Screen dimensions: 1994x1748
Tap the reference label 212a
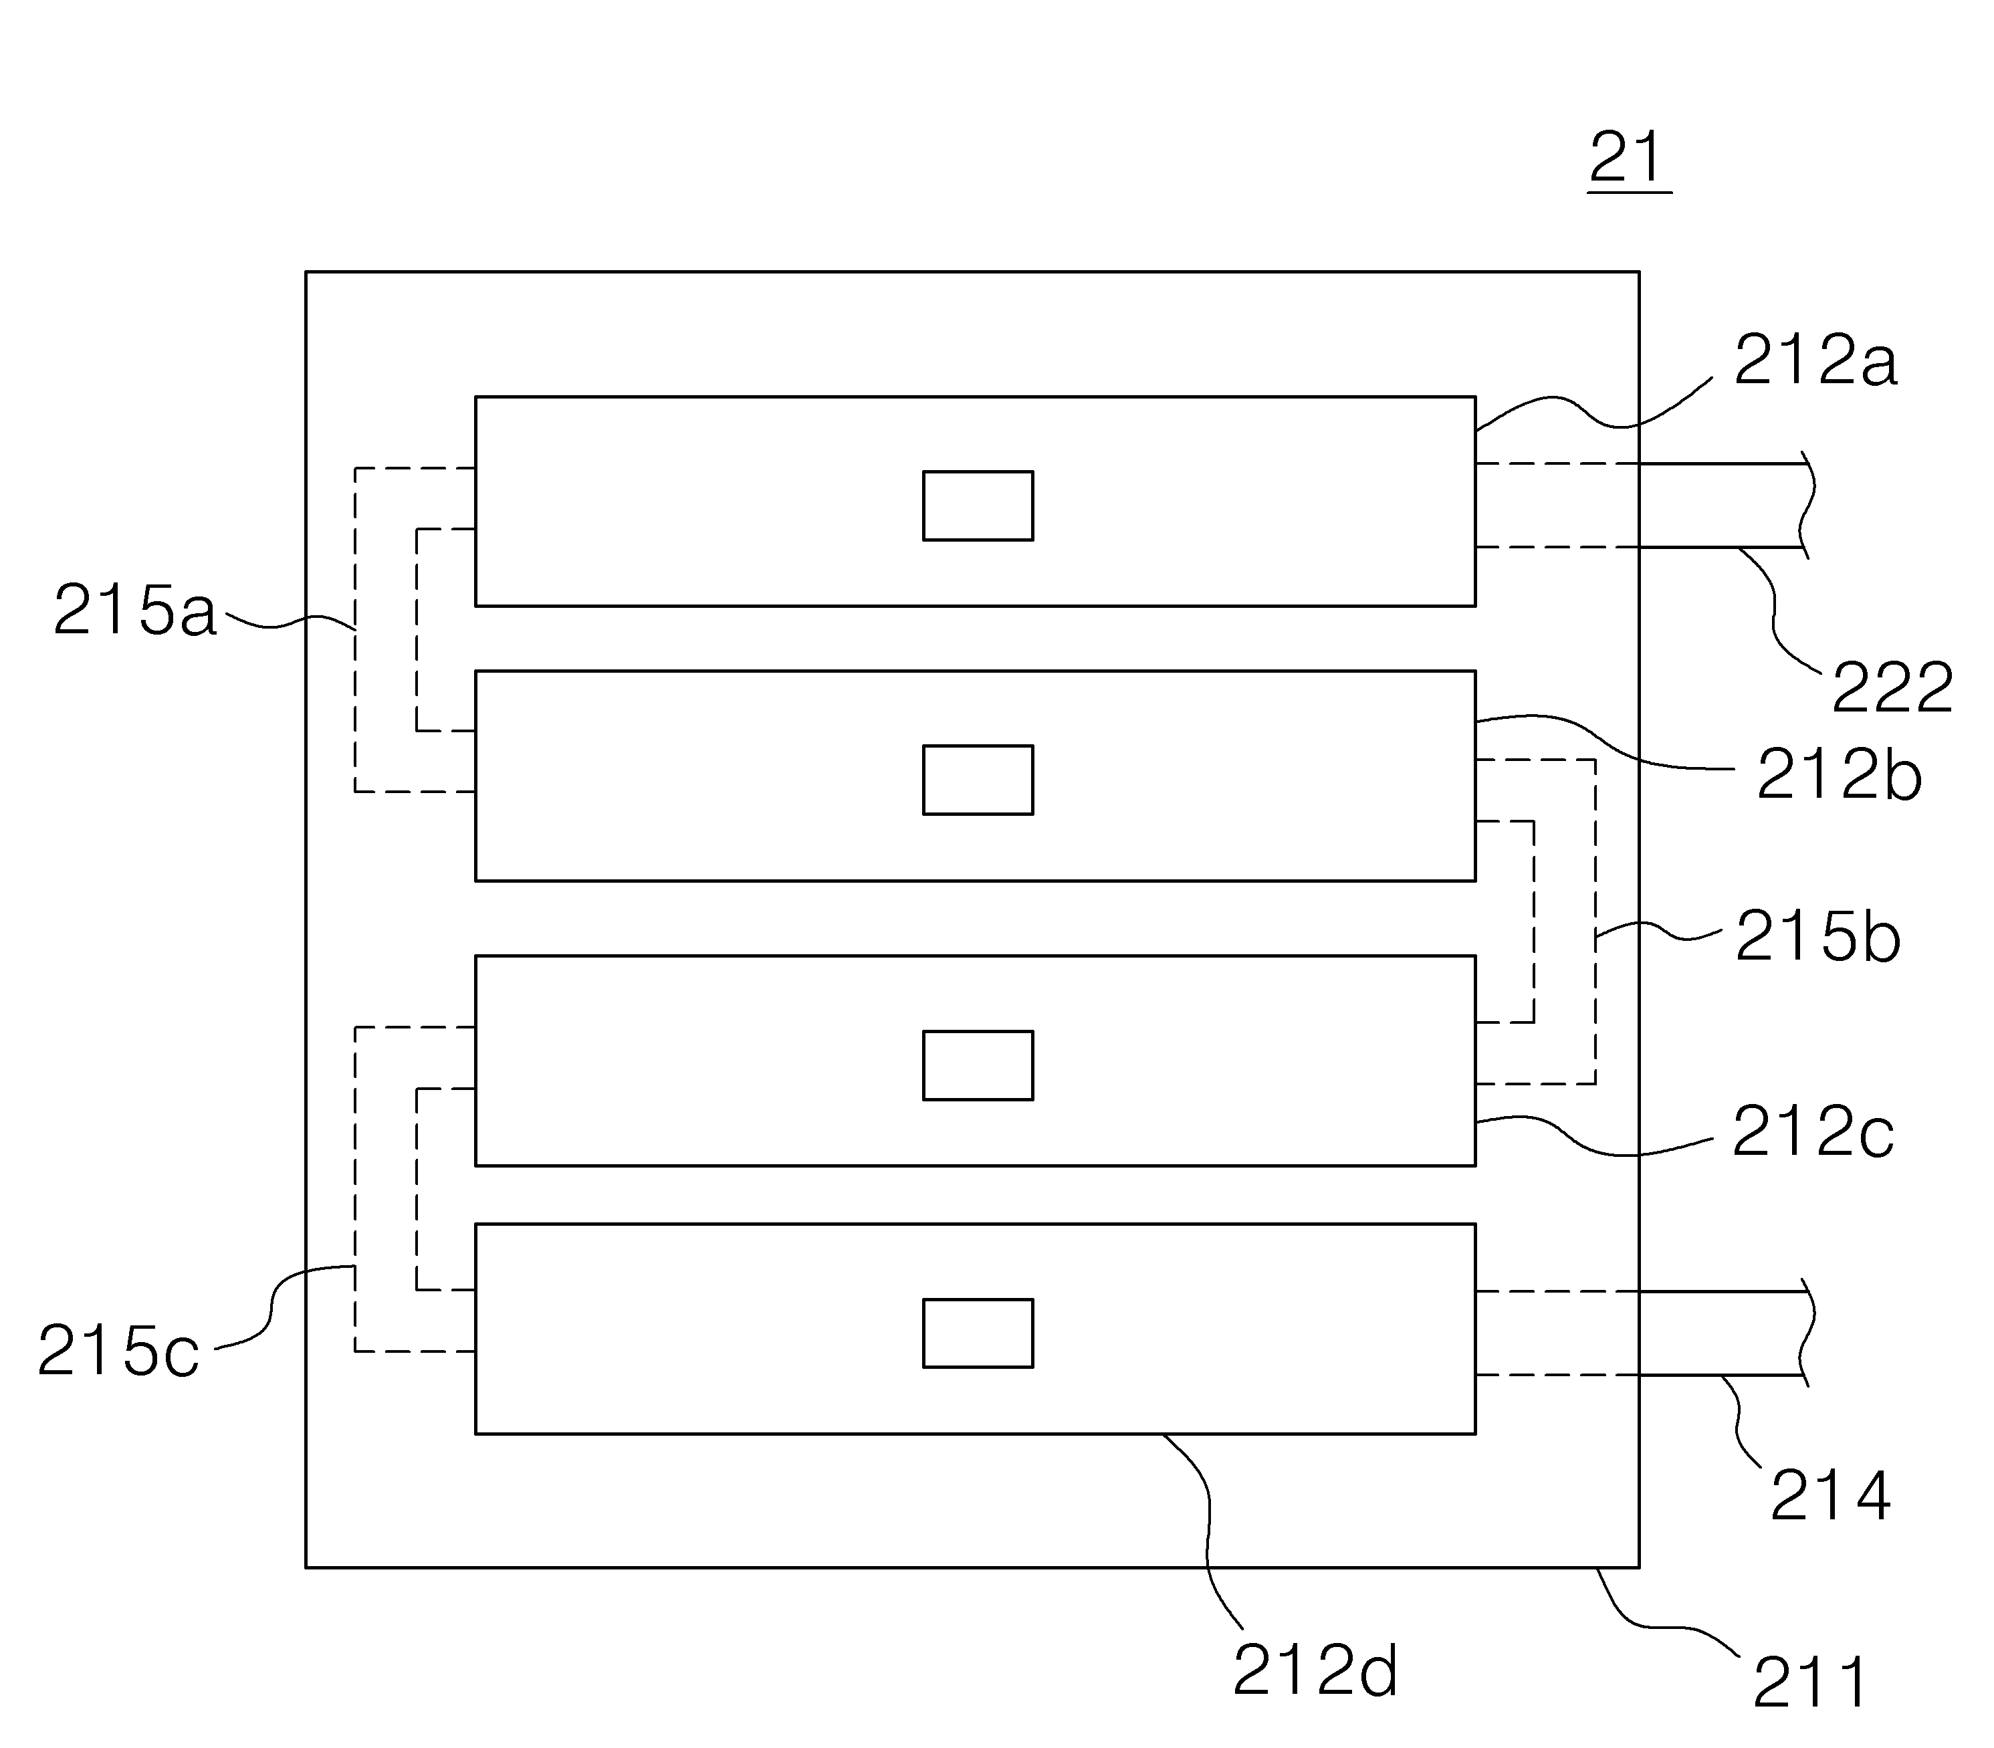pos(1815,362)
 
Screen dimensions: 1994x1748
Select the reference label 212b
pos(1839,776)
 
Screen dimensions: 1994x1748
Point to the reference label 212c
pos(1813,1133)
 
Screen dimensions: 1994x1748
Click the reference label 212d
pos(1315,1671)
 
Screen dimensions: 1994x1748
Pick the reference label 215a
pos(134,611)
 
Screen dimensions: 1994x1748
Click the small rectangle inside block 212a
pos(978,506)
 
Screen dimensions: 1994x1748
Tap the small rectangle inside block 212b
pos(978,780)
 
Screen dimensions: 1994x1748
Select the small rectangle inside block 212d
pos(978,1333)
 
